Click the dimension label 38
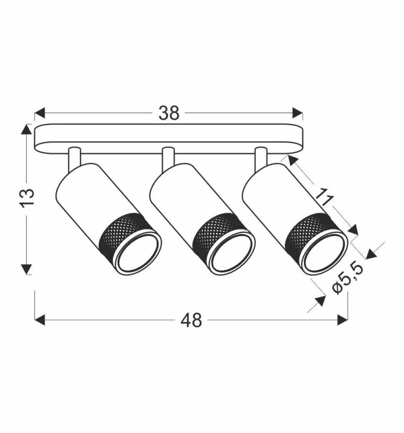tap(169, 113)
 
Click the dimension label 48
tap(191, 320)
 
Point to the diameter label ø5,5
tap(347, 279)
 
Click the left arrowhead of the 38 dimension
tap(40, 113)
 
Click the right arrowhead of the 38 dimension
tap(297, 113)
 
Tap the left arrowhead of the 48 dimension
tap(40, 320)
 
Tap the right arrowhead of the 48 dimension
tap(343, 320)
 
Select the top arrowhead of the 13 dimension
tap(27, 129)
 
